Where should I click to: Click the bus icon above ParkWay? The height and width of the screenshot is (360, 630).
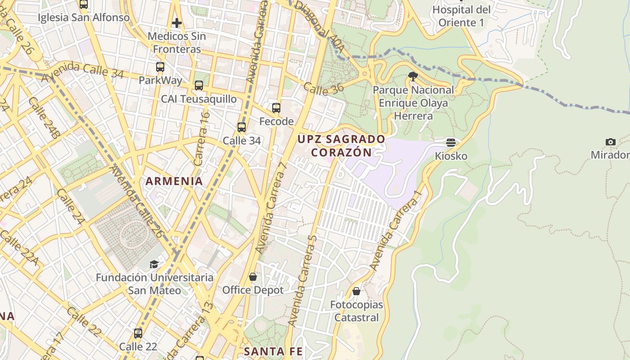(x=160, y=67)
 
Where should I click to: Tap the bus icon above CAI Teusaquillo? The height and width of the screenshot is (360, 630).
(x=198, y=85)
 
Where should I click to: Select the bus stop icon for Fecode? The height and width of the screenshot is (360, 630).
(x=276, y=108)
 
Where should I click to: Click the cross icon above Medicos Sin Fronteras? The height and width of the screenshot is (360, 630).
(x=177, y=22)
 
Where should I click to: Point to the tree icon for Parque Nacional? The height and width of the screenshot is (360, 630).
(x=413, y=76)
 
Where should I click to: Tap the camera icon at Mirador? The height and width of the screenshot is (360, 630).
(x=611, y=142)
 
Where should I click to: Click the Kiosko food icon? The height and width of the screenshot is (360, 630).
(x=451, y=143)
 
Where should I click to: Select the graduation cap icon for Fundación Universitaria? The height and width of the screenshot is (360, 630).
(x=154, y=264)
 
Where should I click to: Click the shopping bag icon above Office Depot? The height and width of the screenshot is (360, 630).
(x=253, y=277)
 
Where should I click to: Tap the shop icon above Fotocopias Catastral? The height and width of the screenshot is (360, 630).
(x=356, y=292)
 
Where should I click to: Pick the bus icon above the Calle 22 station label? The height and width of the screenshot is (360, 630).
(x=138, y=333)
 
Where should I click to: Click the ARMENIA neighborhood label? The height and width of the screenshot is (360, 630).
(x=174, y=181)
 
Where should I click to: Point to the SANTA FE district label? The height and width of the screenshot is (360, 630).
(x=273, y=351)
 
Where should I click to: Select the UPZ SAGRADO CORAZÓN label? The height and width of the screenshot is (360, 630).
(x=342, y=145)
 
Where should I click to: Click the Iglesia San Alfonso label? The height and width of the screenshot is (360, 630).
(x=84, y=18)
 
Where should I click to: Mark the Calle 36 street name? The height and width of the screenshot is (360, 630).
(x=323, y=88)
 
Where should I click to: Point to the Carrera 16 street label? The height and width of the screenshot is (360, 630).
(x=202, y=138)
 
